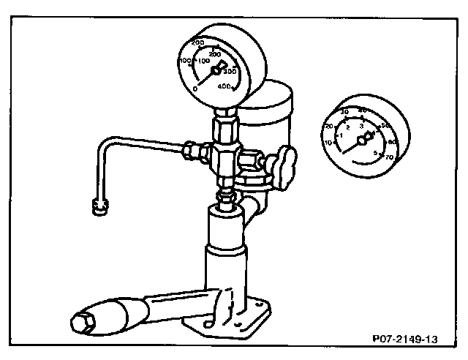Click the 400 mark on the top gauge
click(x=225, y=87)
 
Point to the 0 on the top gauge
click(x=195, y=89)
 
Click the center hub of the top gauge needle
click(x=217, y=71)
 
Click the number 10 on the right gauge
click(x=329, y=142)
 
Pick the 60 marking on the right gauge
click(x=392, y=141)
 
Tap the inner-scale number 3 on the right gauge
click(x=361, y=126)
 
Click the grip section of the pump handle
click(x=117, y=312)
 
